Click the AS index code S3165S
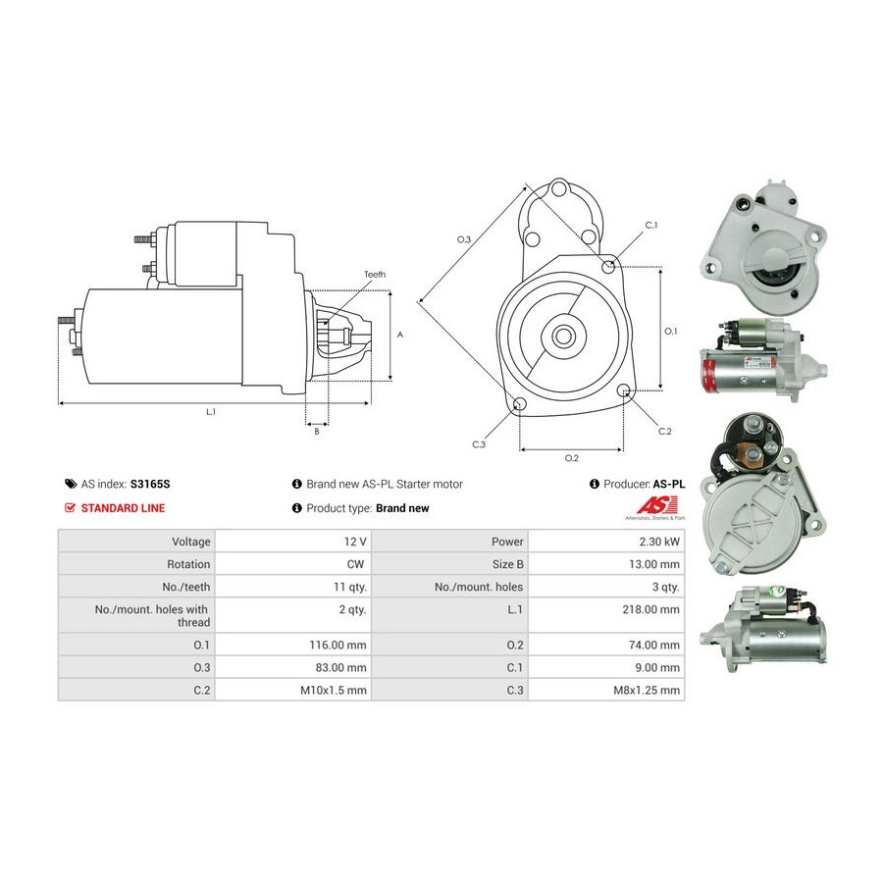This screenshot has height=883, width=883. pyautogui.click(x=149, y=484)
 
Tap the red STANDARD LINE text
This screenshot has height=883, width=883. pyautogui.click(x=123, y=508)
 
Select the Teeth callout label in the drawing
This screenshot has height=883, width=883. pyautogui.click(x=375, y=275)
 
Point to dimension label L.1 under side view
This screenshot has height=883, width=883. pyautogui.click(x=210, y=413)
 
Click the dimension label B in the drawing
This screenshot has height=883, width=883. pyautogui.click(x=316, y=431)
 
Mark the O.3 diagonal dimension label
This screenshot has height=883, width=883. pyautogui.click(x=464, y=240)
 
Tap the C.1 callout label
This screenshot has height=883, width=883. pyautogui.click(x=650, y=226)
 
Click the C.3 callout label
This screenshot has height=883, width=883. pyautogui.click(x=479, y=444)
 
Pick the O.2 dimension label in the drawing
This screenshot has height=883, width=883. pyautogui.click(x=571, y=458)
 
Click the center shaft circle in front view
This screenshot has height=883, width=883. pyautogui.click(x=563, y=336)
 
